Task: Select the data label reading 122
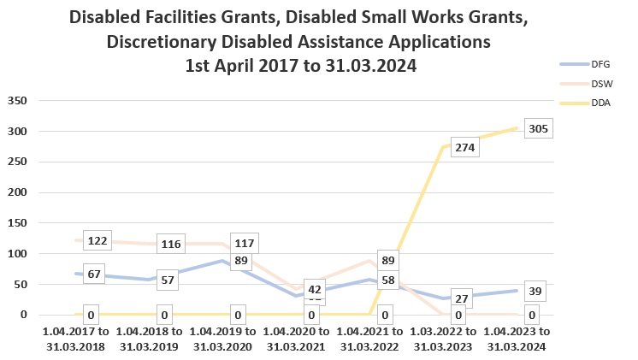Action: (x=97, y=241)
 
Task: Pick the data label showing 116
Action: (x=170, y=245)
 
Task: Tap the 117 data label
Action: (x=244, y=244)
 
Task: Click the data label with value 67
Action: (x=94, y=274)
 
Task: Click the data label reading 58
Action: (x=387, y=280)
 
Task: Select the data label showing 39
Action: (x=534, y=292)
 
